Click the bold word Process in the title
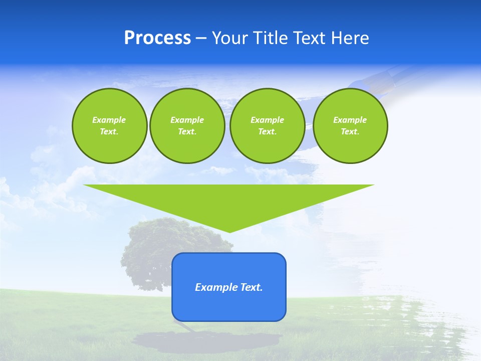pos(157,38)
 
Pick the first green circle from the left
pos(109,125)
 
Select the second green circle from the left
pos(187,125)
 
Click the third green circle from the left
pos(267,125)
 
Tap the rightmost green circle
pos(350,125)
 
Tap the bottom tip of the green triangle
pos(229,231)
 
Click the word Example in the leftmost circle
pos(109,120)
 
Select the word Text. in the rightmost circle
pos(350,131)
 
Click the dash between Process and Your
pos(201,38)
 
